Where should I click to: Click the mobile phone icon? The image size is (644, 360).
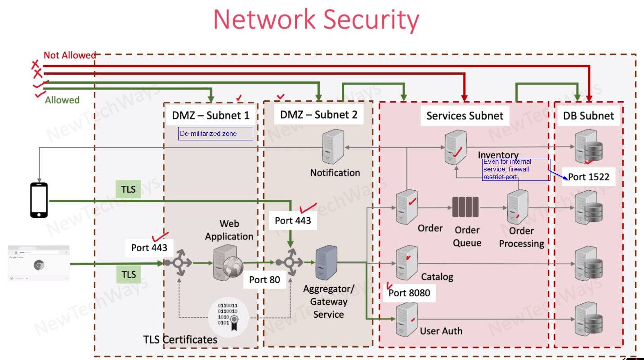coord(39,200)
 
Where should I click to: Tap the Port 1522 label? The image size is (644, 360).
coord(589,177)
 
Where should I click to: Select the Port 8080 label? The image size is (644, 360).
coord(409,293)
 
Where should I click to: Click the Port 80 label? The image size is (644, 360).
coord(264,279)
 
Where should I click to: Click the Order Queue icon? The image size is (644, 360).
coord(465,207)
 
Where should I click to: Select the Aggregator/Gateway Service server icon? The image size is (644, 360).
coord(326,263)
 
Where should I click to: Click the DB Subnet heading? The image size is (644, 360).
coord(588,116)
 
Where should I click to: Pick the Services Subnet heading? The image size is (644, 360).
coord(465,116)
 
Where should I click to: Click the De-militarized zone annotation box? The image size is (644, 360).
coord(215,134)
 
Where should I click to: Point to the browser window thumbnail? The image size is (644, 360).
coord(39,263)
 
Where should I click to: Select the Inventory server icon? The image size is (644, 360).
coord(455,148)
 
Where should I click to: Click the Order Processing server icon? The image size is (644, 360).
coord(517,207)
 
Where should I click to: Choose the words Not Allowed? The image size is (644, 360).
coord(70,55)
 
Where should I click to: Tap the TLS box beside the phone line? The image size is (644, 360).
coord(128,189)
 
